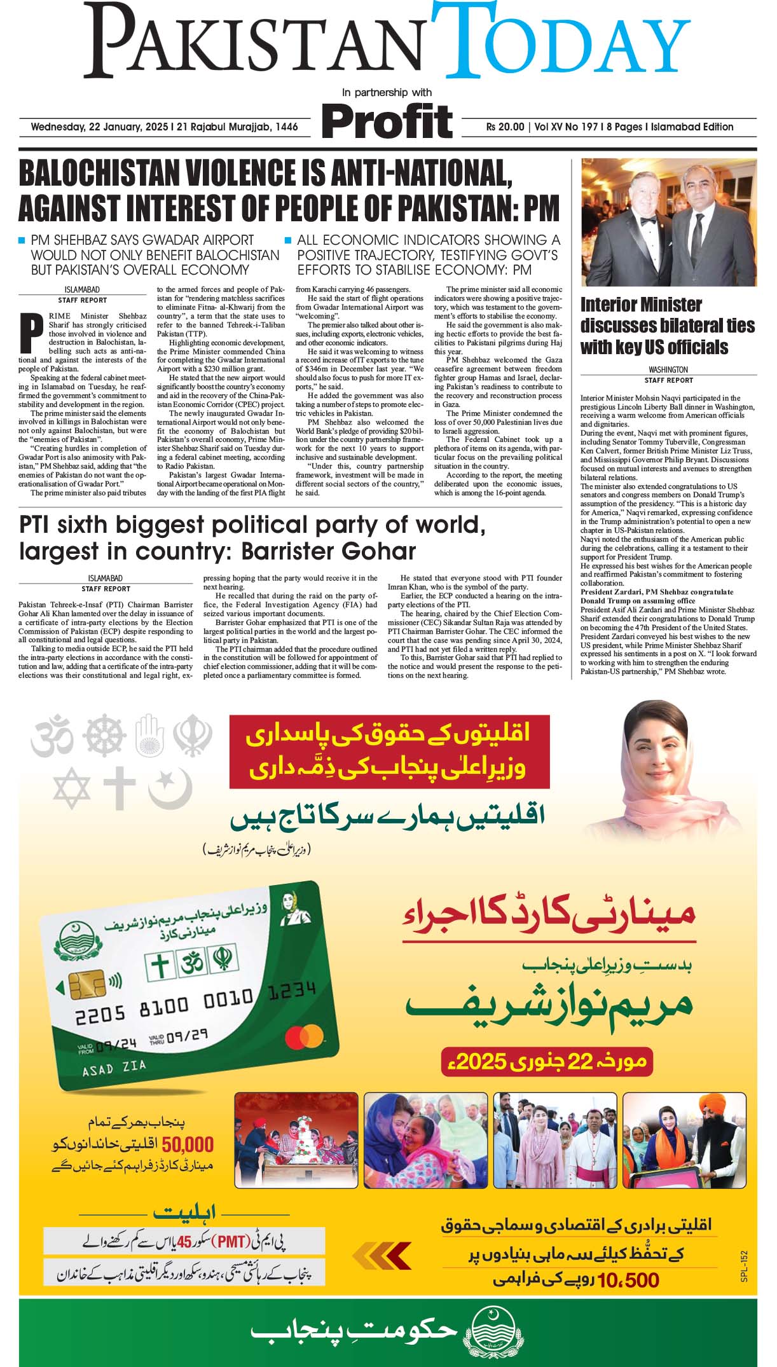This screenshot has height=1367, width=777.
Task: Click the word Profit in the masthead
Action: (x=387, y=120)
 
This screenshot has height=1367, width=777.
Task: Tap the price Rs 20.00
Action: (x=505, y=127)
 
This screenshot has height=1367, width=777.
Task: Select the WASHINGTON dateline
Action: (x=668, y=369)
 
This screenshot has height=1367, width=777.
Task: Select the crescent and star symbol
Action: (x=170, y=788)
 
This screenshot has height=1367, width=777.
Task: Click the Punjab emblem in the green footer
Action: (x=487, y=1332)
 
